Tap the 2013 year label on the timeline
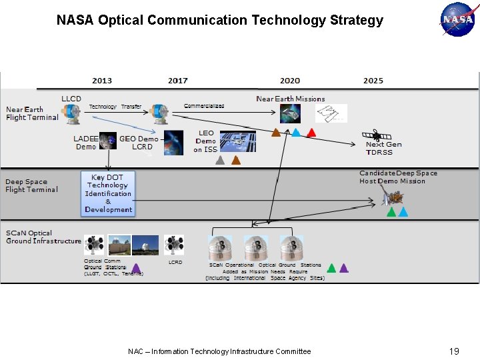pos(102,81)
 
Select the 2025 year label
pos(373,81)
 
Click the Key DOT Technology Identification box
pos(108,193)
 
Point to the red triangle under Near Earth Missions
pos(311,133)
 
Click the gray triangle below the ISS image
pos(220,160)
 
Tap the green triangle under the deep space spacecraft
pos(391,213)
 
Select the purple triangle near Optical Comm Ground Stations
pos(136,268)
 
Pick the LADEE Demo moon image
pos(107,140)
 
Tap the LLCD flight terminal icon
pos(71,113)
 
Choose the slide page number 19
pos(454,351)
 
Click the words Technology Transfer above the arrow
pos(115,107)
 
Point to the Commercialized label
pos(204,106)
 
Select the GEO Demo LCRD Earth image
pos(173,143)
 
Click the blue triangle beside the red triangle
pos(296,133)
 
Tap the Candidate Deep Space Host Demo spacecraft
pos(393,195)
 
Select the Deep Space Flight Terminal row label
pos(32,185)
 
